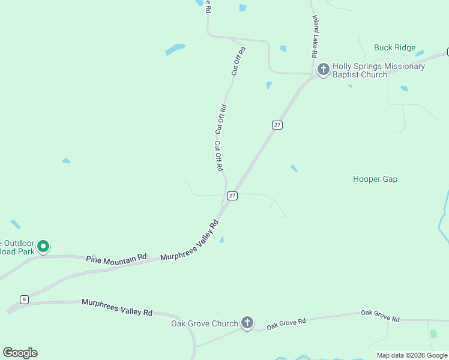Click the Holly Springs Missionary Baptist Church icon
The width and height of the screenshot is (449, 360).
[x=323, y=70]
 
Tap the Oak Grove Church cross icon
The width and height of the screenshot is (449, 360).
[x=247, y=323]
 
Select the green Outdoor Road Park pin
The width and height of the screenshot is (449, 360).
[x=43, y=246]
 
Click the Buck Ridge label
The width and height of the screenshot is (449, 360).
[x=394, y=47]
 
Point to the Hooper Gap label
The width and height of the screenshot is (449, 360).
[x=375, y=179]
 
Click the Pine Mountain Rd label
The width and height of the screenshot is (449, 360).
[x=116, y=257]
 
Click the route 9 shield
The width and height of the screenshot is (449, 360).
[x=24, y=299]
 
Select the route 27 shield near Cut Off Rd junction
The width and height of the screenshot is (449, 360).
[x=232, y=196]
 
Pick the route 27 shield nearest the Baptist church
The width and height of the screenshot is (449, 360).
[x=277, y=125]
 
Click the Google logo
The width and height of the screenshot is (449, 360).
[x=20, y=353]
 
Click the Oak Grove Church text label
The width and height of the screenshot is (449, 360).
[x=205, y=323]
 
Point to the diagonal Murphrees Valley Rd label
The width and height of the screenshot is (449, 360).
[x=190, y=241]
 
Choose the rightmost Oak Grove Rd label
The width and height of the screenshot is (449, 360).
[x=380, y=316]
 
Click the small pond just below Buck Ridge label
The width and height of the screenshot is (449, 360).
[x=419, y=54]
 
